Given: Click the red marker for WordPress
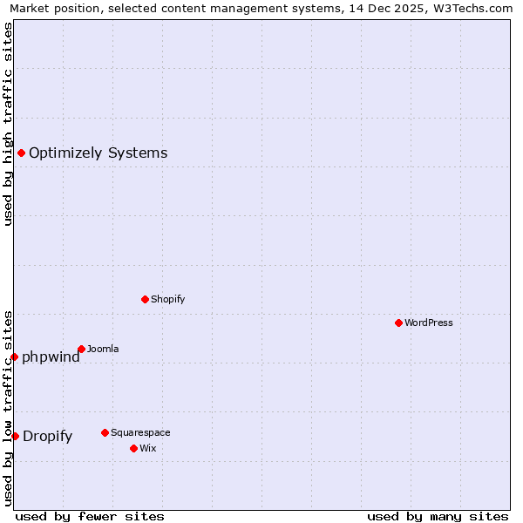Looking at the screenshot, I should pos(398,323).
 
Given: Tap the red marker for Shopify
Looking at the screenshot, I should pos(145,299).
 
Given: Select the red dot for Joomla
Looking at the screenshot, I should pos(81,349).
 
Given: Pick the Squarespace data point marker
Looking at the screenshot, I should pos(105,432).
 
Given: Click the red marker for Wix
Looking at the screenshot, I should pos(133,448).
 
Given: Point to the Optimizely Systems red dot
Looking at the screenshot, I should pos(21,153).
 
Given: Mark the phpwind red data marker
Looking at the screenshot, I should pos(14,357).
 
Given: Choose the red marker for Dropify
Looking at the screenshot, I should pos(15,436).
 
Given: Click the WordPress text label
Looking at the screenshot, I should pos(429,323).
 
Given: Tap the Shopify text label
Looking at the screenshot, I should pos(168,299).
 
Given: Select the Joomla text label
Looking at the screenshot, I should pos(103,349).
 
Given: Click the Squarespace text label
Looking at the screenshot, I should pos(140,432).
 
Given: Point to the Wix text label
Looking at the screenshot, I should pos(147,448).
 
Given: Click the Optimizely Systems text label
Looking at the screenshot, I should pos(98,153).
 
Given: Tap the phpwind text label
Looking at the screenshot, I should pos(51,357).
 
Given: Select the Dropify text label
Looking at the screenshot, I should pos(47,436).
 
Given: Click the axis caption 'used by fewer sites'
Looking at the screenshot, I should pos(90,516).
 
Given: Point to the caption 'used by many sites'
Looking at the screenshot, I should pos(438,516).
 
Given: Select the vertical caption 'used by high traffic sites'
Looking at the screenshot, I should pos(8,124).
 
